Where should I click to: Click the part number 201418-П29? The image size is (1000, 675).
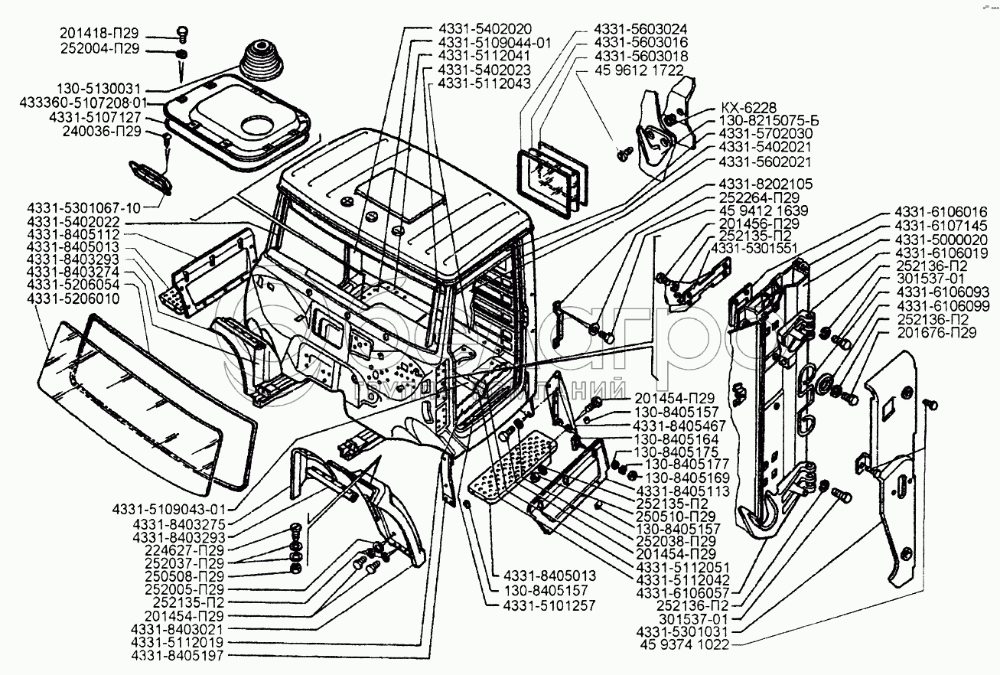[x=99, y=33]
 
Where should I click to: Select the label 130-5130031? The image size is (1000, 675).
[x=99, y=89]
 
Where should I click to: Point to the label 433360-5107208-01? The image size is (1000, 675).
[x=83, y=103]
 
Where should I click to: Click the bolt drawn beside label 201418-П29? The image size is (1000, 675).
[x=182, y=34]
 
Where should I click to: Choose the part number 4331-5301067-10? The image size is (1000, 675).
[x=84, y=208]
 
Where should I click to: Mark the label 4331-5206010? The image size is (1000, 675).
[x=73, y=298]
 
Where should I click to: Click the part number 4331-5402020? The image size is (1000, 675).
[x=485, y=29]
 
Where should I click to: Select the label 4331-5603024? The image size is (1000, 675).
[x=640, y=29]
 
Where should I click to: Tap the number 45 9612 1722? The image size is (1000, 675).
[x=640, y=70]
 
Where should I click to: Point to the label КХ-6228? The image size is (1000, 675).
[x=749, y=108]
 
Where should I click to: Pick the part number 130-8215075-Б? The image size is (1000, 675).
[x=769, y=121]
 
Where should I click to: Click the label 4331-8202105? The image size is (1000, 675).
[x=766, y=184]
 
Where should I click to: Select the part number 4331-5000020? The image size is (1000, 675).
[x=941, y=240]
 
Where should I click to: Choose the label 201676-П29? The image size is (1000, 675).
[x=936, y=333]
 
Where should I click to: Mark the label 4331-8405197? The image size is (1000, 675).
[x=177, y=655]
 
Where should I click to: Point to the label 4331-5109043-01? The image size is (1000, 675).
[x=169, y=510]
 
